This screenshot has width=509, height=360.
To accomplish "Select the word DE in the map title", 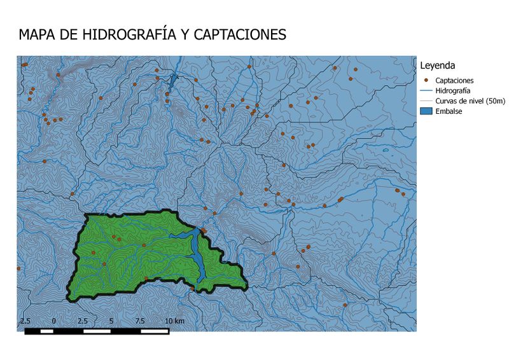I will point(68,34).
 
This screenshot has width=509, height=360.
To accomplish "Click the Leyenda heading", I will point(436,66).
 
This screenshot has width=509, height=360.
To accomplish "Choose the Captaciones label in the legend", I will point(454,81).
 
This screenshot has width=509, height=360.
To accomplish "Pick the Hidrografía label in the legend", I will point(452,91).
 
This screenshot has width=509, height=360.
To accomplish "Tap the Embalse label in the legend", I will point(449,111).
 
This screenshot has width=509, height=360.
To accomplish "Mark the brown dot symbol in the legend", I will point(425,81).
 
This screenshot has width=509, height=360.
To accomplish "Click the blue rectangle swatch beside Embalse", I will point(426,111).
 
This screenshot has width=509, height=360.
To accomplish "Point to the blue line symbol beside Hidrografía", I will point(426,91).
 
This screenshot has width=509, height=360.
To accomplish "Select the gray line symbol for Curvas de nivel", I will point(426,101).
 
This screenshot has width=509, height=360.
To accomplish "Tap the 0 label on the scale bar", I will point(54,321).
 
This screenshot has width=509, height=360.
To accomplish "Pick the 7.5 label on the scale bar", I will point(140,321).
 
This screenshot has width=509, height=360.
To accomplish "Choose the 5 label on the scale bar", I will point(111,321).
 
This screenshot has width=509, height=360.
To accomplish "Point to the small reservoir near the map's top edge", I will point(172,81).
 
